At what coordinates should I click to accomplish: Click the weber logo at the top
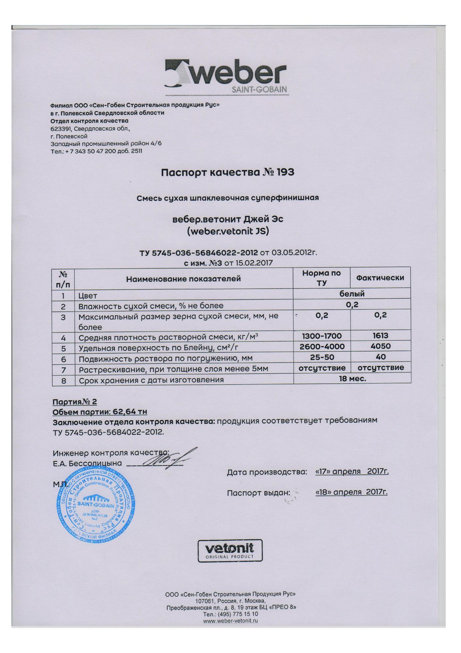226,76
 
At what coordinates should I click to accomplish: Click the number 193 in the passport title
285,172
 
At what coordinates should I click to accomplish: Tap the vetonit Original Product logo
230,550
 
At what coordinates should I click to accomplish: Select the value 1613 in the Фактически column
380,335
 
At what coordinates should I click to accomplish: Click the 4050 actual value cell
380,346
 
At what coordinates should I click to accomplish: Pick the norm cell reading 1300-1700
322,336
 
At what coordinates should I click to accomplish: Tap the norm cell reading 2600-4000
322,346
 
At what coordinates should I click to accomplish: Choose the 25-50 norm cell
322,357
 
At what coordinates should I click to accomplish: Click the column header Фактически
380,278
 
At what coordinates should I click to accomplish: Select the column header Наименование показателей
183,279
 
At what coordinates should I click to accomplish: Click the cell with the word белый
352,294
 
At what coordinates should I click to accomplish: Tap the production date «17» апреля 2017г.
352,471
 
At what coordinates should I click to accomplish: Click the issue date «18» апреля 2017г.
351,492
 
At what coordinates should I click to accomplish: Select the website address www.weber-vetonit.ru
230,621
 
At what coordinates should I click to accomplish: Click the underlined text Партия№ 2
75,402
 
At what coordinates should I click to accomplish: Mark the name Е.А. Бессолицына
87,463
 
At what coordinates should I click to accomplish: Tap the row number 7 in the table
64,370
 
